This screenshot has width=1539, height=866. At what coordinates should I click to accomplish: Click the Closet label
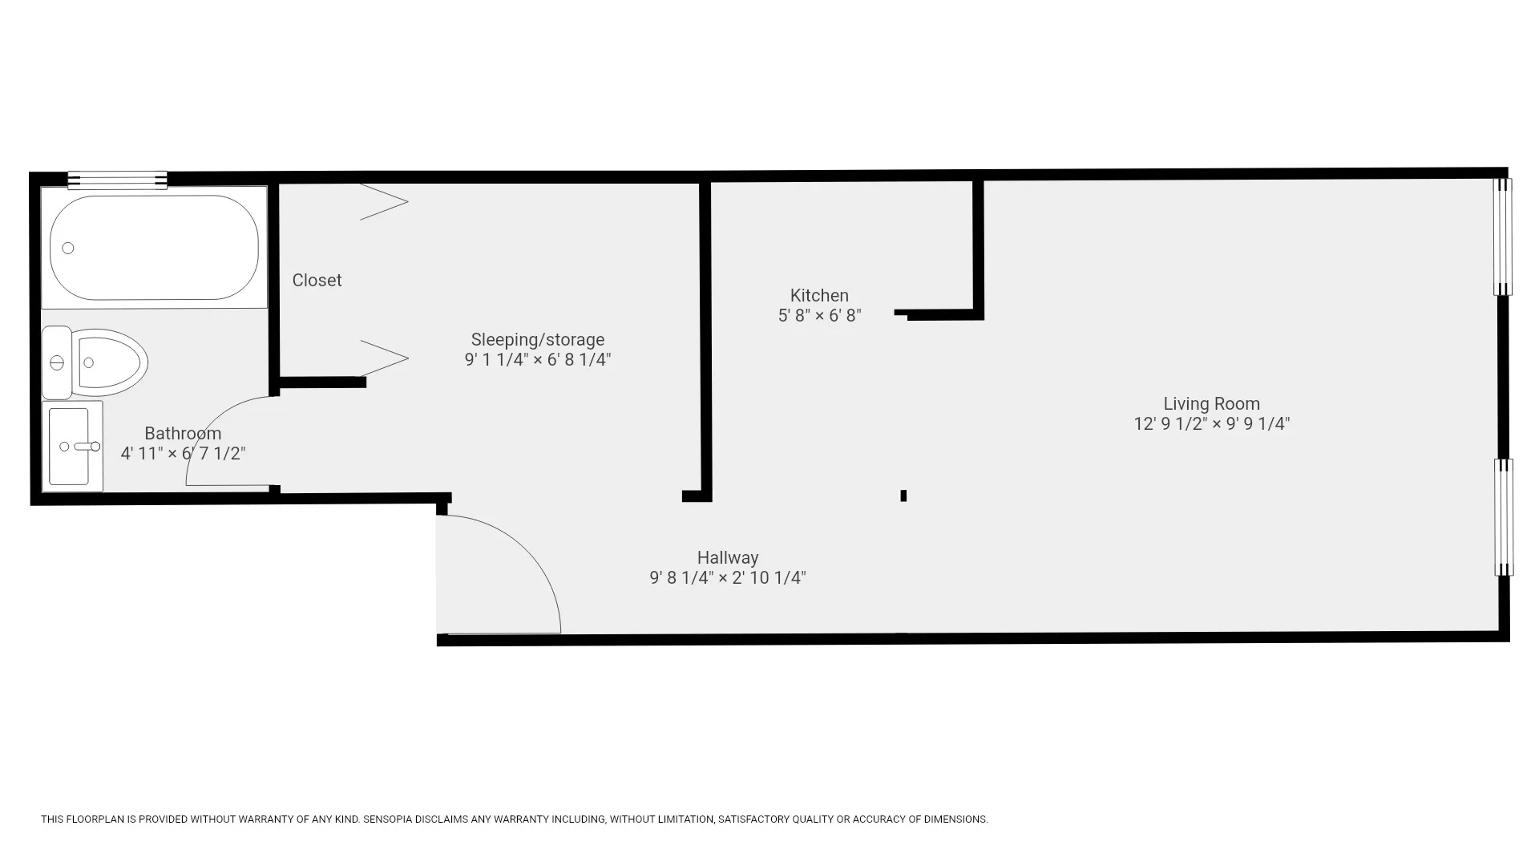[x=317, y=281]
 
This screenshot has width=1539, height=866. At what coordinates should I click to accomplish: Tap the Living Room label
[x=1211, y=404]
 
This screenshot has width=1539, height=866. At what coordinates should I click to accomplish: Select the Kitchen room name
[x=819, y=296]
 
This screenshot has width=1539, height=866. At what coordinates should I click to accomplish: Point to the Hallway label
[x=727, y=558]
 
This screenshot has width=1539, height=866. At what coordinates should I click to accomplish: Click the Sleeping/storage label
[x=537, y=340]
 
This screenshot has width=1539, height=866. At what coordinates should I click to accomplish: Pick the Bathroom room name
[x=183, y=434]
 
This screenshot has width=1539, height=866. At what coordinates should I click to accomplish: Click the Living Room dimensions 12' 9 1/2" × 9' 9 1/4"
[x=1211, y=424]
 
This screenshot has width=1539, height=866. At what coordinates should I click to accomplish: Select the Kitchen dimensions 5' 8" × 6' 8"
[x=819, y=316]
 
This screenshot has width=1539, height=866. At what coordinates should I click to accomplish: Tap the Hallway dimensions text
[x=727, y=578]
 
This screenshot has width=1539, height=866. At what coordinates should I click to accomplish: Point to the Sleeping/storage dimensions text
[x=537, y=360]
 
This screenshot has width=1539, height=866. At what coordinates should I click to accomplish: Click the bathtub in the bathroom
[x=154, y=248]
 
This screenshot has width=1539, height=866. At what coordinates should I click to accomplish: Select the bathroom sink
[x=71, y=447]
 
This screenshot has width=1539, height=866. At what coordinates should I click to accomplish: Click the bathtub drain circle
[x=68, y=249]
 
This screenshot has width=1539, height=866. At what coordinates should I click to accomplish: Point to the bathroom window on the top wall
[x=117, y=180]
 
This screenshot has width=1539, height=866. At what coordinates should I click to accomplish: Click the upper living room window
[x=1502, y=237]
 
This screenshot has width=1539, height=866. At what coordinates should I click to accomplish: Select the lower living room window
[x=1504, y=517]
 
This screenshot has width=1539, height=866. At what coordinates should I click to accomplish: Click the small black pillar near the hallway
[x=903, y=496]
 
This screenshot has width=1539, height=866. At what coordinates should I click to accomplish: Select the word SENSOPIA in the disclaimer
[x=390, y=819]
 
